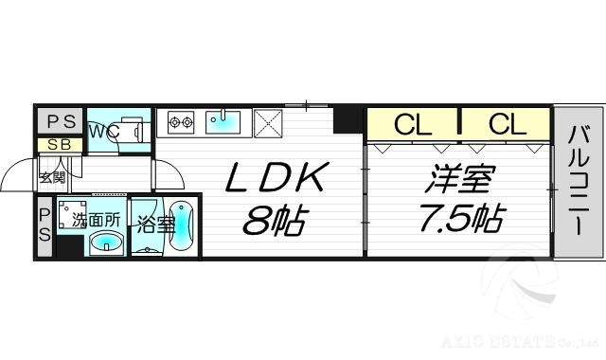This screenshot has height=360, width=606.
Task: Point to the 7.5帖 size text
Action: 459,221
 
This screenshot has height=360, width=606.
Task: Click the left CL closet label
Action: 413,124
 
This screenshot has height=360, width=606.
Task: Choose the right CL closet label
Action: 507,124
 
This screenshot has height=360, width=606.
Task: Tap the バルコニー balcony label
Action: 577,184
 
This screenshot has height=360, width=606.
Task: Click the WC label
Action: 105,133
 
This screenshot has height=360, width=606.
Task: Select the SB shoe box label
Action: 60,145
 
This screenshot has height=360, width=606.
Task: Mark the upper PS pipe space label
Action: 60,120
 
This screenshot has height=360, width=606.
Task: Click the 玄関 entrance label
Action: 51,177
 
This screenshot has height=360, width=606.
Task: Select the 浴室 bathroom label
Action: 155,225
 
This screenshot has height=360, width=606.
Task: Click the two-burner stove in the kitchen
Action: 180,121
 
